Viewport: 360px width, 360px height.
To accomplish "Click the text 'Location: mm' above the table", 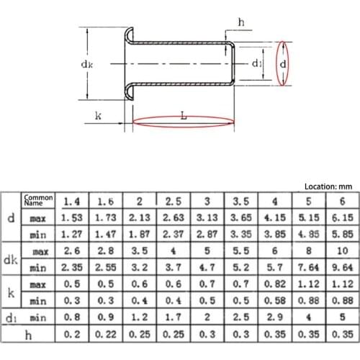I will point(323,185).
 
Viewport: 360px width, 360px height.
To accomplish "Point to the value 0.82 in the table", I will point(274,284).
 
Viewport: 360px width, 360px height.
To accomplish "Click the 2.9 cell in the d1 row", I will point(274,318).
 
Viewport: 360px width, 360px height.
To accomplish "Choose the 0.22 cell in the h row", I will point(105,335).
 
